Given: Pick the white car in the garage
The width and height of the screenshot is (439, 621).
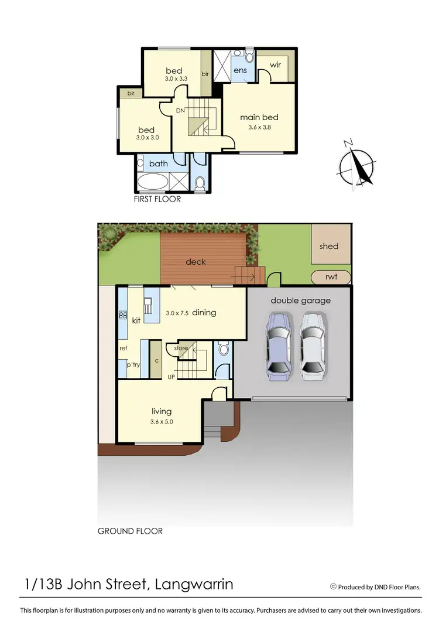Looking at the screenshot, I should [312, 347].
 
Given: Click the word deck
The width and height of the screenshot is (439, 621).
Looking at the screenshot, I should [196, 262].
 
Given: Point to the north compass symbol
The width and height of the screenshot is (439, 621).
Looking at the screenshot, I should [355, 164].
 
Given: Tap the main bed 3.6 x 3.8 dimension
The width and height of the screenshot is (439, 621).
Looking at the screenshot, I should [259, 127].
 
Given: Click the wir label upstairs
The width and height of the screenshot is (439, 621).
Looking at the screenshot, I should [275, 64].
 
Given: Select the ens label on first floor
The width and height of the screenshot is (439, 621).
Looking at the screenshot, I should [241, 71].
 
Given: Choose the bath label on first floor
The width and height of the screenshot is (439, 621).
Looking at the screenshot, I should [158, 163].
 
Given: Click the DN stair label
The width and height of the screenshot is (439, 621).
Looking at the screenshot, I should [181, 110].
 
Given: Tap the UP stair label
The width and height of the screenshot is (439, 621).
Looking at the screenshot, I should [172, 376].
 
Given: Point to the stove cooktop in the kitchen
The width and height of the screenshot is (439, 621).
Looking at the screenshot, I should [124, 315].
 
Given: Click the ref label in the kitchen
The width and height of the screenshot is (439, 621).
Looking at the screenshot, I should [124, 348].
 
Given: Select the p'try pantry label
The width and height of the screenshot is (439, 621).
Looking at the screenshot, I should [133, 364].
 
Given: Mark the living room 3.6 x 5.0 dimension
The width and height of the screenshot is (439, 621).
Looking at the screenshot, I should [162, 421].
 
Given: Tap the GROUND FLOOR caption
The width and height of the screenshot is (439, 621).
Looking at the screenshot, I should [130, 531].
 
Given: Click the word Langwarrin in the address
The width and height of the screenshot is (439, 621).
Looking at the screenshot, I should [196, 584].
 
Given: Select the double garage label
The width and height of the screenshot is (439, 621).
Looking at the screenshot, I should [300, 301].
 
